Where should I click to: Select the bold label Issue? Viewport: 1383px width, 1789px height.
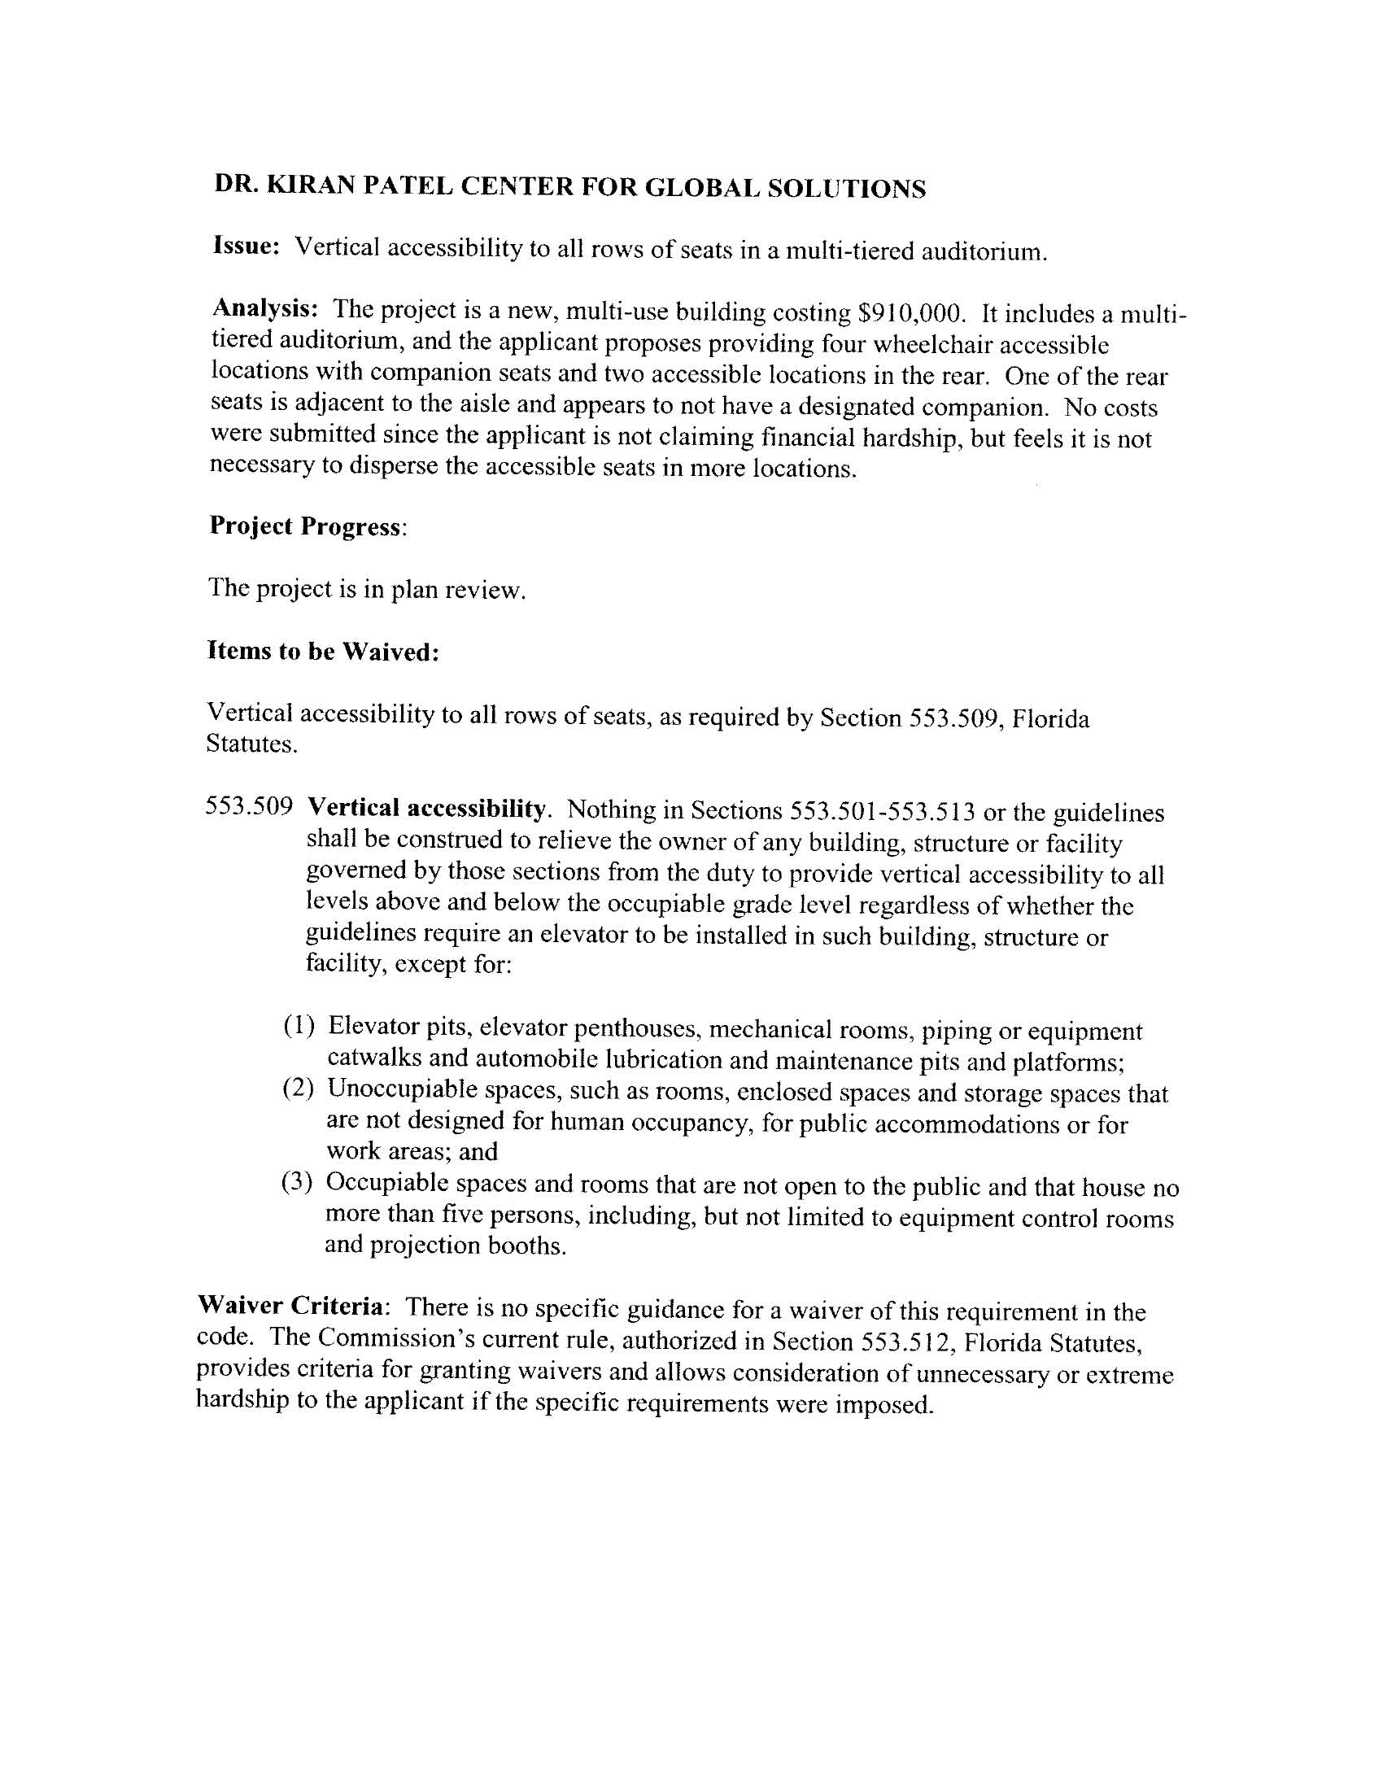click(247, 246)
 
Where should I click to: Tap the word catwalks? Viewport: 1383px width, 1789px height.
click(373, 1058)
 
